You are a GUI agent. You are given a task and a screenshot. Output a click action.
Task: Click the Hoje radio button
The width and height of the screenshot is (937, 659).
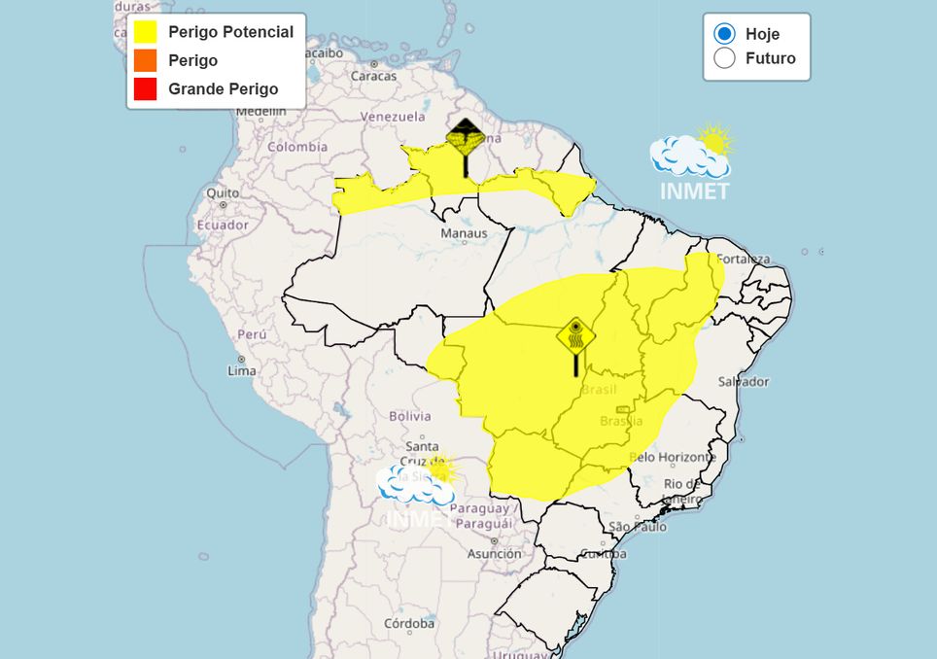tap(724, 34)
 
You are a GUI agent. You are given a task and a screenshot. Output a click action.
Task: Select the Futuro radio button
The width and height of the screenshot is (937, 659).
tap(724, 58)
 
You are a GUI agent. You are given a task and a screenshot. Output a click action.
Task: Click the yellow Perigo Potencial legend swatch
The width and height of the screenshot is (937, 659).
tap(146, 32)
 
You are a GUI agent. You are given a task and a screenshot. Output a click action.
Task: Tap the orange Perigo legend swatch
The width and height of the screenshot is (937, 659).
tap(146, 60)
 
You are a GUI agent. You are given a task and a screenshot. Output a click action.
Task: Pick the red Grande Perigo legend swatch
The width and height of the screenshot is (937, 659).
tap(146, 88)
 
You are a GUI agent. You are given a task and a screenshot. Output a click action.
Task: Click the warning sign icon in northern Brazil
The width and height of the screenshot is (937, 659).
tap(466, 141)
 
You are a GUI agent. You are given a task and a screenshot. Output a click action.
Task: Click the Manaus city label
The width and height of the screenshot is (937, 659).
tap(464, 233)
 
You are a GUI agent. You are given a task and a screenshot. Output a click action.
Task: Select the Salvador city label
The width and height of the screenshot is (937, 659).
tap(743, 382)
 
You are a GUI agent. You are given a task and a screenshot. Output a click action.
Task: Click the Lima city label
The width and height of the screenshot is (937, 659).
tap(241, 371)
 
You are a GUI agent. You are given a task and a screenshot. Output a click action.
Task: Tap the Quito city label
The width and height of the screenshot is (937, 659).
tap(223, 192)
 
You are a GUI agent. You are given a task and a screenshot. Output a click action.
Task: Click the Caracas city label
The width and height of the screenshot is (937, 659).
tap(373, 76)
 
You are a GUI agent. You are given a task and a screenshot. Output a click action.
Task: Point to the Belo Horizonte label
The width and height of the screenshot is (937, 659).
tap(672, 457)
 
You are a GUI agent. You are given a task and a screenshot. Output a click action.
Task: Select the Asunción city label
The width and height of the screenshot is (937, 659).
tap(494, 554)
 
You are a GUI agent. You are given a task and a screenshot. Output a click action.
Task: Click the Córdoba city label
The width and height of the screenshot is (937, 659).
tap(408, 623)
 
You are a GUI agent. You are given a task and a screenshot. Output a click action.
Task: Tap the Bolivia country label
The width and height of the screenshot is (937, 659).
tap(409, 416)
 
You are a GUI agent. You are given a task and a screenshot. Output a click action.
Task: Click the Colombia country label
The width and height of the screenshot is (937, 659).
tap(297, 147)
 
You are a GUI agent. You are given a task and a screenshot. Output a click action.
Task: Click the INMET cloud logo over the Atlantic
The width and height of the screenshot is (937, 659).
tap(692, 161)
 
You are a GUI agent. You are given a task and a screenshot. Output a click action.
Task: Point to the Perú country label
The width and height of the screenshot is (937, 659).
tap(252, 334)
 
